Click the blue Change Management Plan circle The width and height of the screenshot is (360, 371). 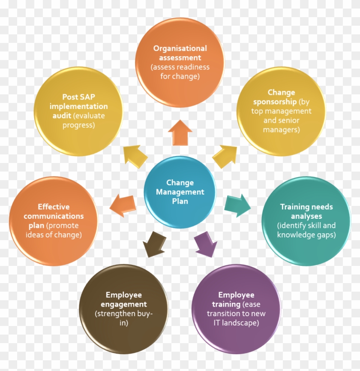[180, 192]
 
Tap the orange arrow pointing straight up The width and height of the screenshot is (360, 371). [180, 133]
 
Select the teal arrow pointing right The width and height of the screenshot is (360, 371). [237, 205]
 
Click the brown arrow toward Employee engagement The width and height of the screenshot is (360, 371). [154, 244]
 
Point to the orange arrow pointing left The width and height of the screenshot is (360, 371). [123, 205]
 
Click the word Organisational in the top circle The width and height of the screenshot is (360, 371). [180, 48]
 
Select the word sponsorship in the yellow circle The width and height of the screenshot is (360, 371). [275, 102]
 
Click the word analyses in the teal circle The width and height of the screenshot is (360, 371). [306, 216]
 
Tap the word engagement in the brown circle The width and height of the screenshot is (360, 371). [124, 305]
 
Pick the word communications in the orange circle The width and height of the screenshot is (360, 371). [54, 216]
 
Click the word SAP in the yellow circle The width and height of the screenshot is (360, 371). [87, 97]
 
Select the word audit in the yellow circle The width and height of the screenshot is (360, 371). [62, 116]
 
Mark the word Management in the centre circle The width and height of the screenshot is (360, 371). [180, 192]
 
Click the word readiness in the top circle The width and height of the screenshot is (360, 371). [195, 67]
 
